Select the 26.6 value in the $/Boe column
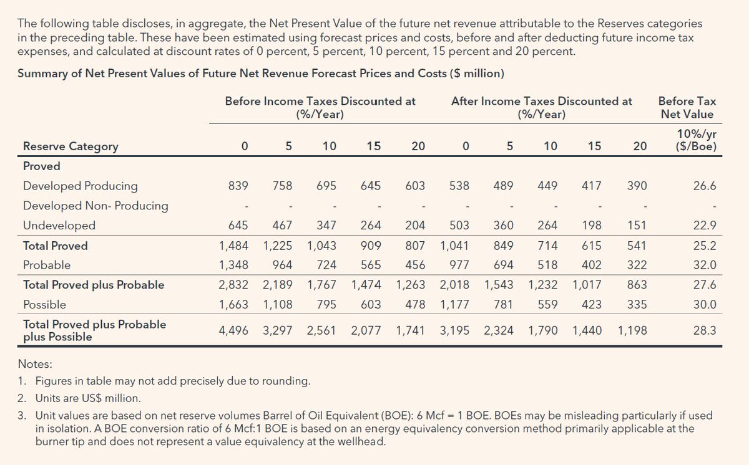pos(704,186)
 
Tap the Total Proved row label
pos(56,246)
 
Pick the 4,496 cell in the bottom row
pos(233,330)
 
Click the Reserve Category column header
pos(71,146)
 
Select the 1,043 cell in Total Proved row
pos(321,246)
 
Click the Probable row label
pos(47,265)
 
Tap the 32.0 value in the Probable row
pos(704,265)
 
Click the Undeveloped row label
pos(59,225)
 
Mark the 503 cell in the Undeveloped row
pos(459,225)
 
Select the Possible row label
pos(44,305)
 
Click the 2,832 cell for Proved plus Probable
pos(233,285)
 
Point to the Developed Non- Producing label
pos(95,206)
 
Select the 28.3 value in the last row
pos(704,330)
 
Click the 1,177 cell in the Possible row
pos(454,305)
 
